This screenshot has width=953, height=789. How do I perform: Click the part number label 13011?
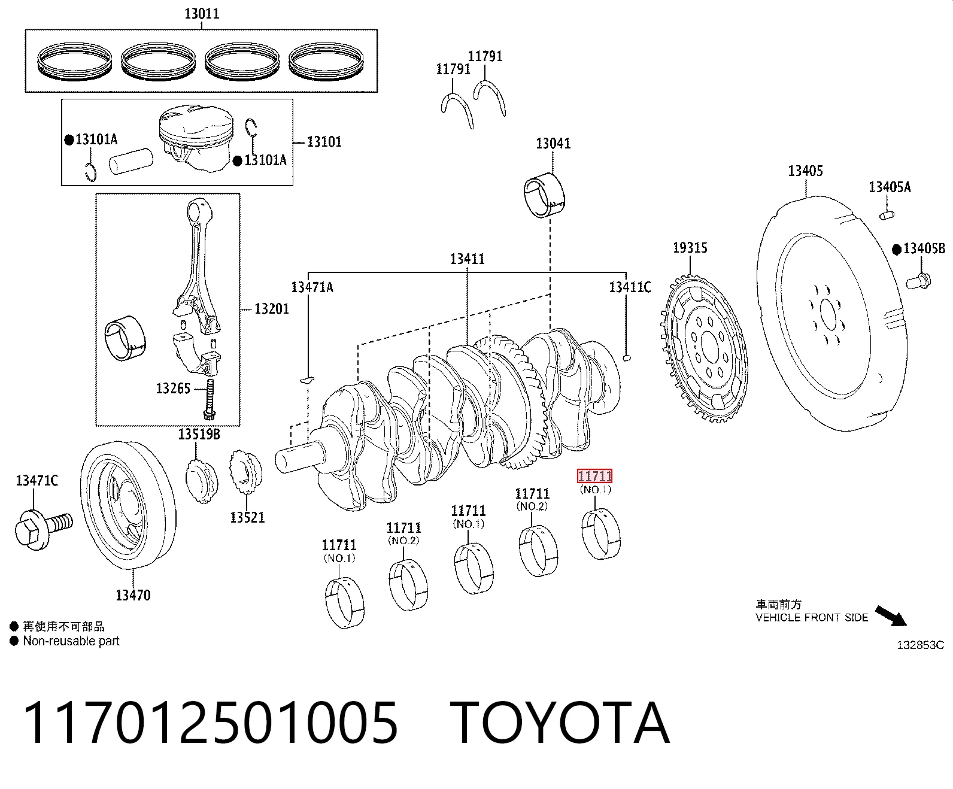coord(202,14)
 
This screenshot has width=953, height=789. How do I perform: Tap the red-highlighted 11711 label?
coord(594,477)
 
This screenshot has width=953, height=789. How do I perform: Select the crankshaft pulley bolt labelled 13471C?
coord(43,529)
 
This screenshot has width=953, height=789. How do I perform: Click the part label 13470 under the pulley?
coord(133,595)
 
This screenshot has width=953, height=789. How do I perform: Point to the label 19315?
coord(690,247)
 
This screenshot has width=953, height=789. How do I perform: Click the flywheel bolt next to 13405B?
coord(918,281)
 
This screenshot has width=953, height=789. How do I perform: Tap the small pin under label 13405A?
coord(887,214)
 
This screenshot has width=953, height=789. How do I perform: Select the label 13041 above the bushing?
coord(553,143)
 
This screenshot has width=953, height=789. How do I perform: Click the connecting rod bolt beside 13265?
coord(210,400)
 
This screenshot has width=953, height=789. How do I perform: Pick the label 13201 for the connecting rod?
coord(272,309)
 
